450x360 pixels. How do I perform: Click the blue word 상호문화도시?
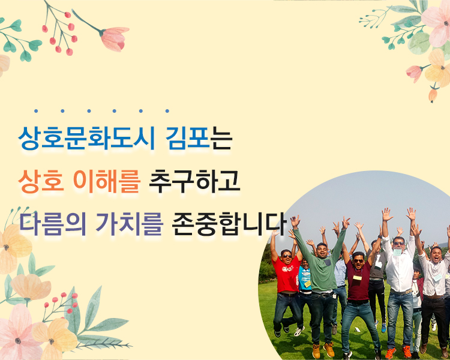pyautogui.click(x=86, y=139)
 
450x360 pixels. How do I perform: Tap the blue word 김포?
pyautogui.click(x=188, y=139)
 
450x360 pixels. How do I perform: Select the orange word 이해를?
pyautogui.click(x=107, y=181)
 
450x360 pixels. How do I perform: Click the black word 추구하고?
pyautogui.click(x=194, y=181)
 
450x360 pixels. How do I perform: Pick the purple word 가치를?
pyautogui.click(x=129, y=224)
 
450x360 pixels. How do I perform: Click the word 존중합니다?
pyautogui.click(x=229, y=224)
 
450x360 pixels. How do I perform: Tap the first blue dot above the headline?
pyautogui.click(x=36, y=111)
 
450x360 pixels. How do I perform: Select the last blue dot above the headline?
pyautogui.click(x=167, y=111)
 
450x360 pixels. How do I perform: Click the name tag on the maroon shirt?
pyautogui.click(x=358, y=278)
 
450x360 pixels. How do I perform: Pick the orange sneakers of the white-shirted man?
pyautogui.click(x=398, y=352)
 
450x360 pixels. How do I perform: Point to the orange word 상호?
pyautogui.click(x=41, y=181)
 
